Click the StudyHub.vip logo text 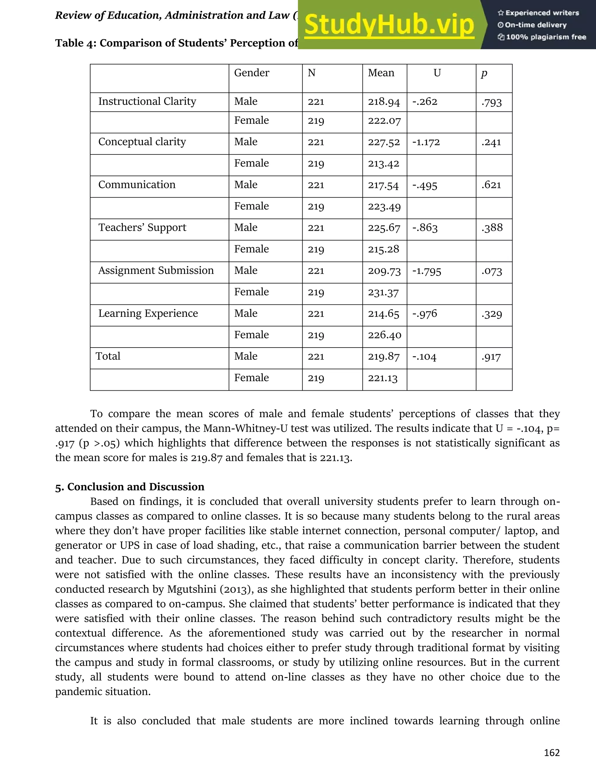[x=389, y=25]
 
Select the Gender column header [x=251, y=73]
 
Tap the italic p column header [x=484, y=73]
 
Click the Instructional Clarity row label [x=147, y=101]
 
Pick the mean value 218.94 [x=384, y=102]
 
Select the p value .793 [x=491, y=102]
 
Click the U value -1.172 [x=426, y=142]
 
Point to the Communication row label [x=137, y=184]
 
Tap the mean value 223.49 [x=384, y=207]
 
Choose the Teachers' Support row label [x=142, y=228]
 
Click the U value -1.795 [x=427, y=271]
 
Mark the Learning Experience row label [x=148, y=313]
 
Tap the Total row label [x=108, y=356]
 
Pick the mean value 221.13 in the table [x=382, y=378]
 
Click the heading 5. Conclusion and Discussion [x=130, y=487]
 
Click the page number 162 [x=552, y=752]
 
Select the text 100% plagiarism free [x=546, y=37]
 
